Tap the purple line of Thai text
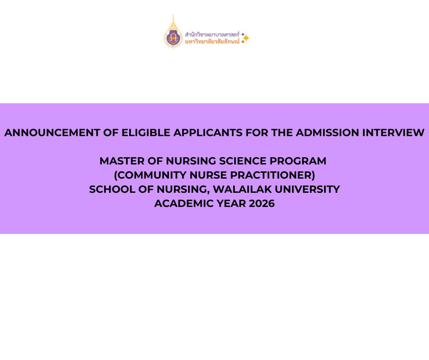[212, 35]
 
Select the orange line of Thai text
[212, 42]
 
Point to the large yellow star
[246, 38]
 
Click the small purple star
[243, 34]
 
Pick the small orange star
[243, 42]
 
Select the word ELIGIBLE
[146, 132]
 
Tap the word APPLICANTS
[208, 132]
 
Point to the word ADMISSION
[328, 132]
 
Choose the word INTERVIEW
[393, 132]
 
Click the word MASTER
[122, 161]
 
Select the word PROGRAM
[298, 161]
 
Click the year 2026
[262, 204]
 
